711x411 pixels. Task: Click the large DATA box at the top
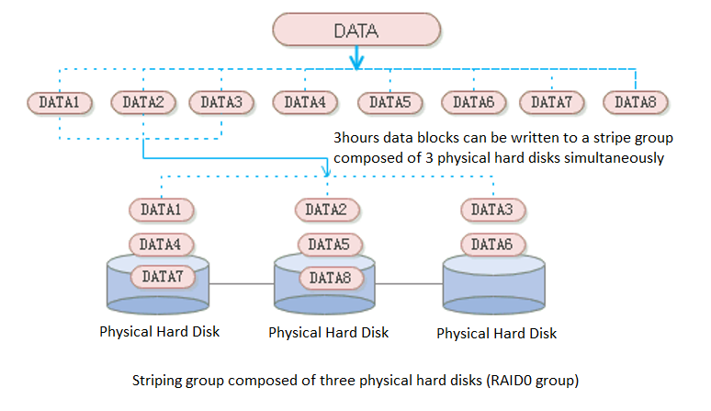[355, 29]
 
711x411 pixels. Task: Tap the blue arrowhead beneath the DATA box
[357, 64]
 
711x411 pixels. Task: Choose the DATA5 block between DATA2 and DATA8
[328, 245]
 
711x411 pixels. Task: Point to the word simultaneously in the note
[617, 157]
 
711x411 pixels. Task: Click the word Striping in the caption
[158, 377]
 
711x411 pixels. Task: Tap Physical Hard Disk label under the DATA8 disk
[328, 332]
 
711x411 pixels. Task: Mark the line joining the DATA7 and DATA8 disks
[243, 283]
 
